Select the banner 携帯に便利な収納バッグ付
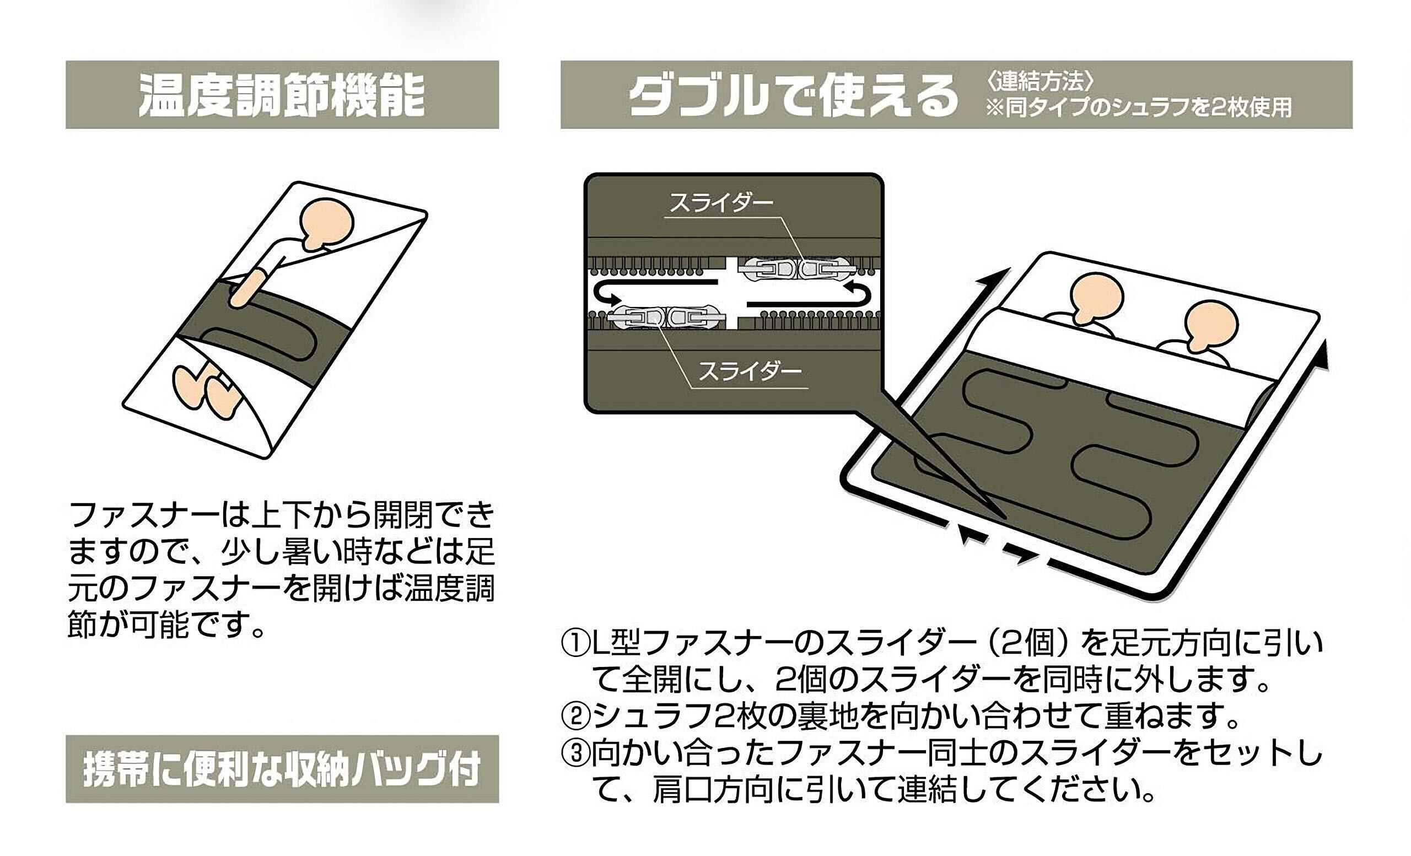pos(282,769)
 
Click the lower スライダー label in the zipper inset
pos(749,372)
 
